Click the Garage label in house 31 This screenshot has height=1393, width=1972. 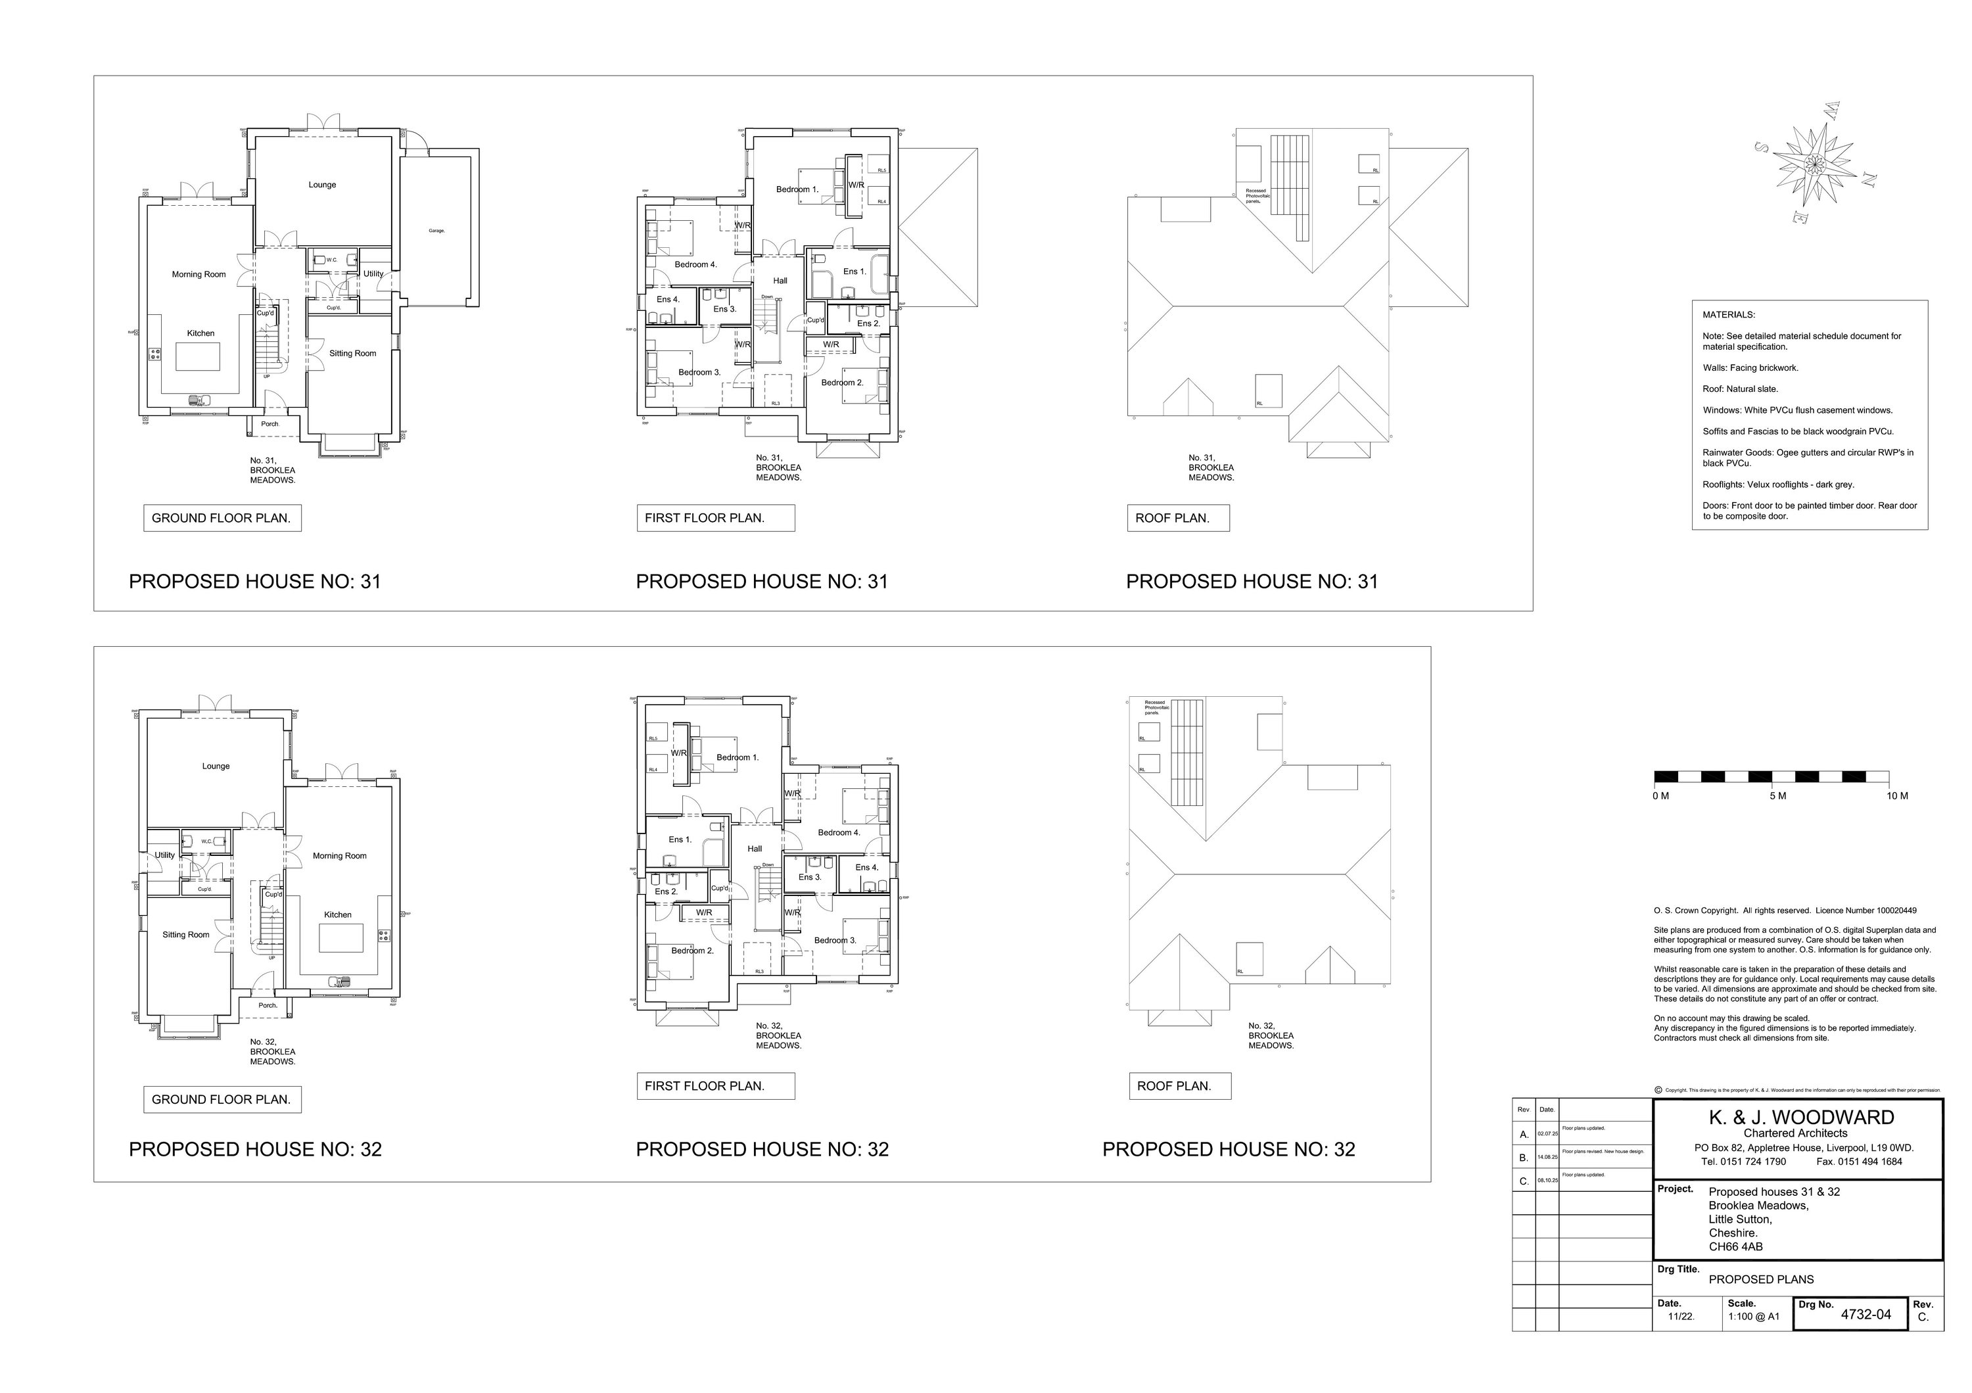click(436, 231)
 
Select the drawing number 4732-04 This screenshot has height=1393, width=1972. click(1866, 1314)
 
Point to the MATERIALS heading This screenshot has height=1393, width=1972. click(1729, 315)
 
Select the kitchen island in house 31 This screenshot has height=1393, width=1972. click(198, 356)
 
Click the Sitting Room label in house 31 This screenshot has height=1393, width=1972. click(352, 354)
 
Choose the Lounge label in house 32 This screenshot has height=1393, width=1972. click(216, 766)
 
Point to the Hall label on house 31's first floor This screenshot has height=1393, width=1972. click(780, 281)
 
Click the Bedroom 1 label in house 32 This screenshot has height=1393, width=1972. click(737, 757)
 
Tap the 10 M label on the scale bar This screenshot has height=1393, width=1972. click(1897, 796)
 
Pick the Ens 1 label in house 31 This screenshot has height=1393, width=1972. click(854, 272)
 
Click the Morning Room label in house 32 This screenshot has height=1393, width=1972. click(339, 856)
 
